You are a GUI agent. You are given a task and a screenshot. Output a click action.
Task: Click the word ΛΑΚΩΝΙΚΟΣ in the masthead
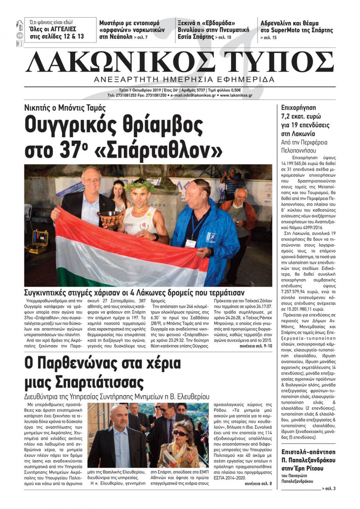pyautogui.click(x=121, y=63)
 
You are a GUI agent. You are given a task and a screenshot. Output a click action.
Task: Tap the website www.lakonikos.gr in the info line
pyautogui.click(x=236, y=96)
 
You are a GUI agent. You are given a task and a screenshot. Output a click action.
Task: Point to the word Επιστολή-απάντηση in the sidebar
pyautogui.click(x=308, y=452)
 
